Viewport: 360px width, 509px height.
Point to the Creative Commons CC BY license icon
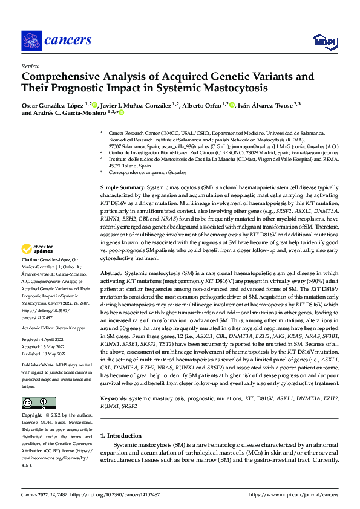(38, 403)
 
